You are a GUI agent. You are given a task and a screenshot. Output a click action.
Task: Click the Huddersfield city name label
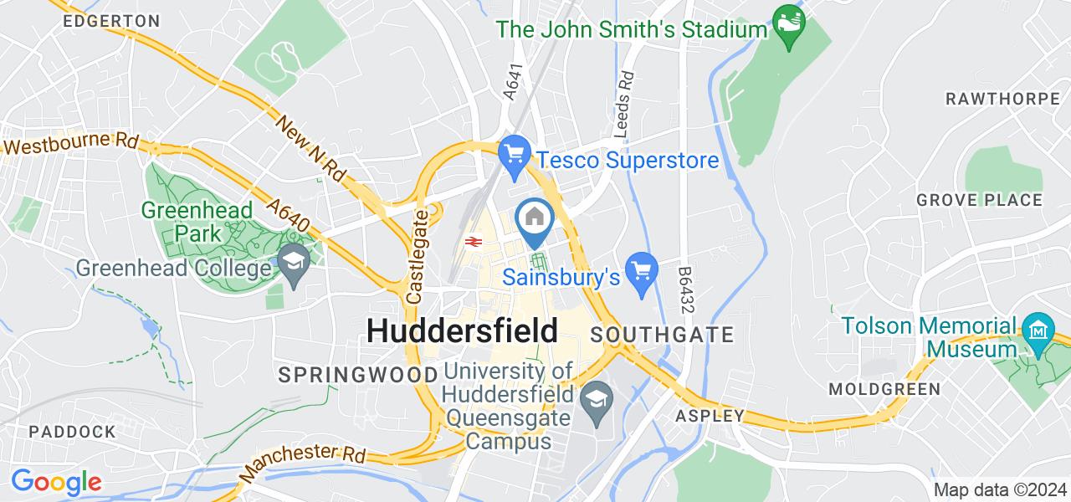(x=462, y=331)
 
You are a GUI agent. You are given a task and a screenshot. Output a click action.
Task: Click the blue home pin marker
(x=534, y=219)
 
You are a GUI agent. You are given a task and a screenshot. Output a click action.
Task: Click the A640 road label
(x=290, y=215)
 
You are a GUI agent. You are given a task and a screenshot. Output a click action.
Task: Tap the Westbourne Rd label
(x=70, y=142)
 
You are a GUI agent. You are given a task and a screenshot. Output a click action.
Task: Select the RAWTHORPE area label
(x=1002, y=99)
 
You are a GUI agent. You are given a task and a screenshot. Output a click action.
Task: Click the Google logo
(x=56, y=482)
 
